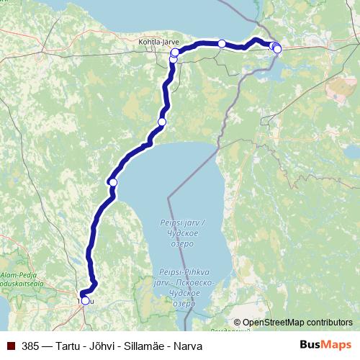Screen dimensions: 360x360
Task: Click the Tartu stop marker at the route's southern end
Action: [85, 301]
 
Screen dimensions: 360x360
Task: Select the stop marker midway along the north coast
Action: [222, 44]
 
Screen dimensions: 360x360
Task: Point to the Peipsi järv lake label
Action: [181, 225]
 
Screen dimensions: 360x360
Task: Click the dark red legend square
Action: [11, 346]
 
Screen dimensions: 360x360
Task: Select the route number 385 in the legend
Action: [30, 346]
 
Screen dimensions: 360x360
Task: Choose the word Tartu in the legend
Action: [65, 346]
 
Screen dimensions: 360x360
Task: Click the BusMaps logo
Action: [325, 346]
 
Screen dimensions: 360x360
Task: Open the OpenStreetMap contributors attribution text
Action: [297, 323]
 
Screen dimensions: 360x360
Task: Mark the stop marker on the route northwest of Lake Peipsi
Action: [162, 122]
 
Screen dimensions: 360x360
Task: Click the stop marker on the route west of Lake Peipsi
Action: [112, 183]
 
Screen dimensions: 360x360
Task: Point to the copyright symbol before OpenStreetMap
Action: [237, 323]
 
